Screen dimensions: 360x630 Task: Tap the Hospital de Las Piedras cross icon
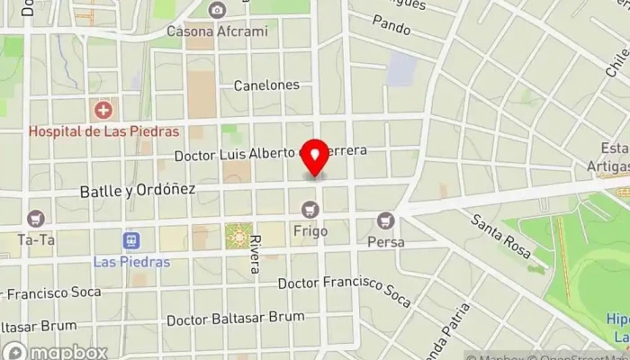click(103, 112)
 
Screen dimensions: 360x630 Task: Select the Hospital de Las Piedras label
click(104, 130)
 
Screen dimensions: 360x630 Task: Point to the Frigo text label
click(310, 231)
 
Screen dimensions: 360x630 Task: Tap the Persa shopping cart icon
click(386, 220)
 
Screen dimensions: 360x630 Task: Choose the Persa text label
click(386, 241)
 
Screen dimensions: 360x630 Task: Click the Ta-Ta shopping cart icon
click(36, 219)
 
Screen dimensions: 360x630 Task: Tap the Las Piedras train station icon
click(131, 241)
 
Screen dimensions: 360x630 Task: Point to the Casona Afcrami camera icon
click(216, 11)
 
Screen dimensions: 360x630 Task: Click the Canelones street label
click(265, 85)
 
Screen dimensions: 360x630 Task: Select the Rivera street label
click(256, 255)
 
